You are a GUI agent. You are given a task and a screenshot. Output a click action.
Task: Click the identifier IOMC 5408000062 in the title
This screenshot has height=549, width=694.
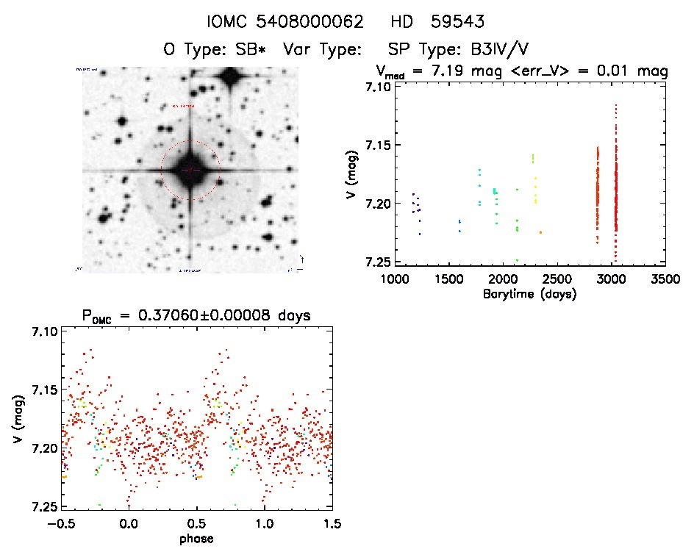[285, 22]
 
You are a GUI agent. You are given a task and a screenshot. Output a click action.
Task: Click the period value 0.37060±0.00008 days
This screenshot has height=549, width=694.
[228, 315]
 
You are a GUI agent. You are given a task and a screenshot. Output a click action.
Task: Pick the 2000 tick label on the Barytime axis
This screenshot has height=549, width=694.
[504, 279]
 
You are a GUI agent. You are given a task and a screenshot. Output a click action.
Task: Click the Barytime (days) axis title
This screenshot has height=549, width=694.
[529, 293]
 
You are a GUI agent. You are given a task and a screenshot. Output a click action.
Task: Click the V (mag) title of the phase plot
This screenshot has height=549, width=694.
[16, 419]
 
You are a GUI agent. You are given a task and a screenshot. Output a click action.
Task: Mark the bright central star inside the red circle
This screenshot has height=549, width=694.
[190, 171]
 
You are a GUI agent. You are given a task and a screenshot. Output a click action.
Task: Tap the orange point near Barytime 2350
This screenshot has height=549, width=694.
[540, 232]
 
